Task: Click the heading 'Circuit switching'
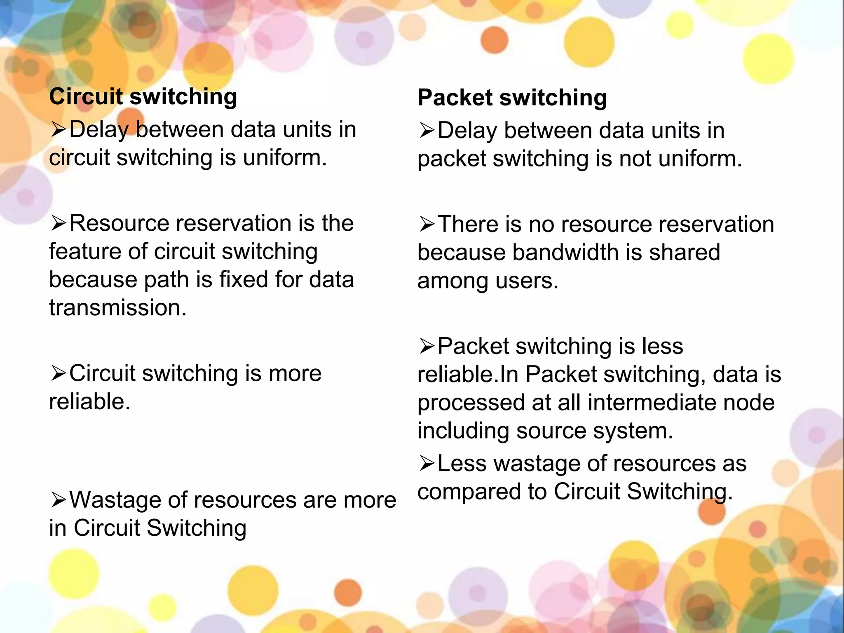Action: [143, 97]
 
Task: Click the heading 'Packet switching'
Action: [512, 98]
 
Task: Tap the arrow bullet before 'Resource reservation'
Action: [58, 223]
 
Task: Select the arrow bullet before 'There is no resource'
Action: [427, 225]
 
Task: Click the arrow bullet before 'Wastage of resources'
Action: [58, 500]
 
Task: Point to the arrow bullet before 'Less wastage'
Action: [427, 464]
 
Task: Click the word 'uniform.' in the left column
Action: [285, 158]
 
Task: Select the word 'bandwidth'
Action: [565, 253]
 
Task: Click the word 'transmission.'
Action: [118, 308]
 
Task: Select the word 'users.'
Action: [527, 281]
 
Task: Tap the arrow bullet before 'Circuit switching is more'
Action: [58, 373]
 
